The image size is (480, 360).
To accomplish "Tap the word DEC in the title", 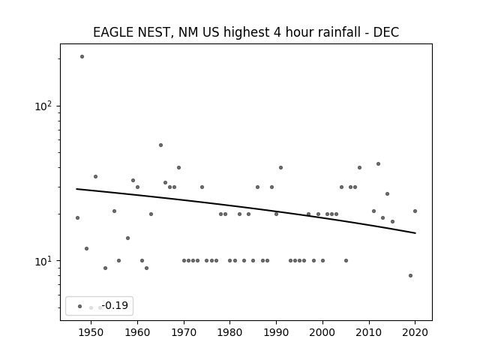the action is point(386,32).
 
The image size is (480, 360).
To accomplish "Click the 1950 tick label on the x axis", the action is point(91,332).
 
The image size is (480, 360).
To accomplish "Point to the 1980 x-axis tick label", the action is point(230,332).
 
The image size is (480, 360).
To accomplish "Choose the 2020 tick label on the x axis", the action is point(415,332).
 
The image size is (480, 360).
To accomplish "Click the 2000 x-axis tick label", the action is point(322,332).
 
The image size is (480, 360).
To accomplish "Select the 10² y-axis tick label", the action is point(43,106).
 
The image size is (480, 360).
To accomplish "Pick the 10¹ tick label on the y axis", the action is point(43,261).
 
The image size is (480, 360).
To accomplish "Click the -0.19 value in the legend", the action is point(115,305).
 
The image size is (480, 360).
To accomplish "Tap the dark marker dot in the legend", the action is point(80,306).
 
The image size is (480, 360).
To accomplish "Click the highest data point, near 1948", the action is point(82,57).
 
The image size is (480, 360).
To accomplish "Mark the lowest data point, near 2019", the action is point(410,275).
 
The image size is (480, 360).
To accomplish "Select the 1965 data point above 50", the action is point(160,145).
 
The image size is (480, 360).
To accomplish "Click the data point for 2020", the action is point(415,211).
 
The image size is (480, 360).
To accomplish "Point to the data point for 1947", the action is point(77,217).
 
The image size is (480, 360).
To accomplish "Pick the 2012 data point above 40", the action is point(378,163).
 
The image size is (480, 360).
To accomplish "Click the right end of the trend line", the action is point(415,233).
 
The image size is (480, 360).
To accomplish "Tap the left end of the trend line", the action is point(76,189).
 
